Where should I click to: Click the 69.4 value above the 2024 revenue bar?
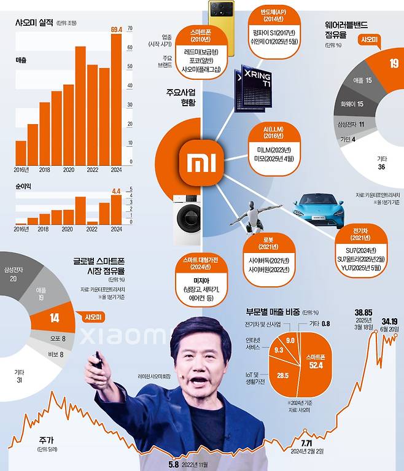116,29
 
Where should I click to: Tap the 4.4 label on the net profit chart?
116,191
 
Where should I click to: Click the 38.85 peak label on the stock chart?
363,313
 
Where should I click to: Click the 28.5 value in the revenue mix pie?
283,375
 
